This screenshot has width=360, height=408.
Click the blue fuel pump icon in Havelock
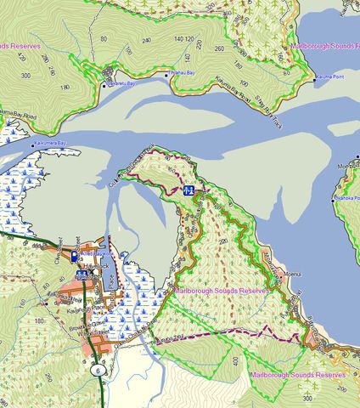pyautogui.click(x=75, y=256)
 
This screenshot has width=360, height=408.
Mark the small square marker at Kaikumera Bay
pyautogui.click(x=34, y=146)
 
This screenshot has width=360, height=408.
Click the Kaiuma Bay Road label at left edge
pyautogui.click(x=15, y=111)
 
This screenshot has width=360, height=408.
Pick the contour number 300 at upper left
pyautogui.click(x=25, y=75)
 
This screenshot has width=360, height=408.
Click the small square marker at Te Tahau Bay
pyautogui.click(x=166, y=76)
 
